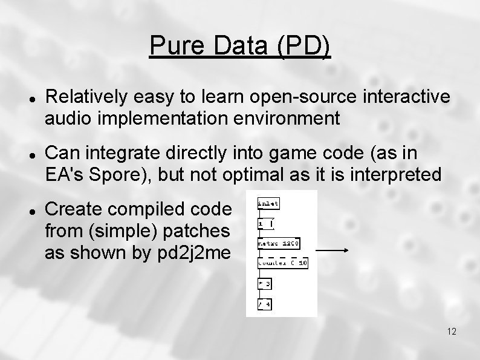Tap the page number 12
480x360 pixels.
coord(451,332)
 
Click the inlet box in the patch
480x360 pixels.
coord(268,203)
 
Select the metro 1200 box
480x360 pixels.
coord(277,244)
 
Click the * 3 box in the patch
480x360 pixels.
coord(264,284)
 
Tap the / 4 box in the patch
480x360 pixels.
coord(264,304)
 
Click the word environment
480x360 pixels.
coord(284,118)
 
